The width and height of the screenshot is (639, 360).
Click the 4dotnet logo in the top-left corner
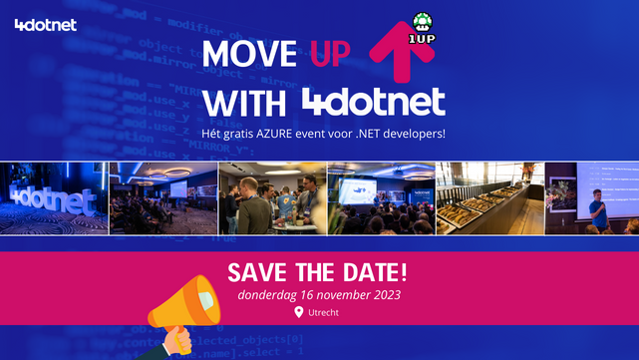[46, 25]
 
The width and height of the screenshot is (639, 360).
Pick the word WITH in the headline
[245, 102]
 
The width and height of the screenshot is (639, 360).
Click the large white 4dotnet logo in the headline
[373, 102]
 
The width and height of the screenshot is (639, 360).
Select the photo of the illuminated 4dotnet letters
[54, 197]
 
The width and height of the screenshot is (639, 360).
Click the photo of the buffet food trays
[489, 197]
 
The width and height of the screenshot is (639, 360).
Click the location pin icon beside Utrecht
[298, 312]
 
